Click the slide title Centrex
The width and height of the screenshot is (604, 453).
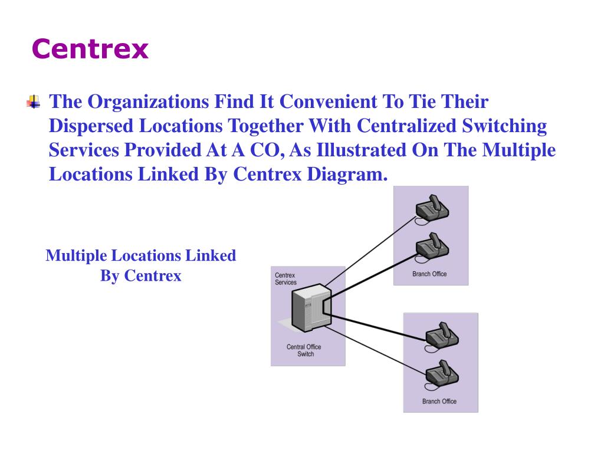90,49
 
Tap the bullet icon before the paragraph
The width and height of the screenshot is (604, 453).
34,102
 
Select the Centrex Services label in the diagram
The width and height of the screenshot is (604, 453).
286,278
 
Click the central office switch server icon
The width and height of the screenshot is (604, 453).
310,307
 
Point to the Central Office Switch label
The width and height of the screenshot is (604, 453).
305,350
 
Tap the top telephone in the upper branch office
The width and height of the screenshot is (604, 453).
432,208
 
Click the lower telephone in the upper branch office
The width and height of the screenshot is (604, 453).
432,248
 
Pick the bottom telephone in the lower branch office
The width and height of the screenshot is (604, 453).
442,373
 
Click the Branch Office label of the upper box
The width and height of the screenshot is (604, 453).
429,274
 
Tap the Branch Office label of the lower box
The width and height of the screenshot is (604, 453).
439,402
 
